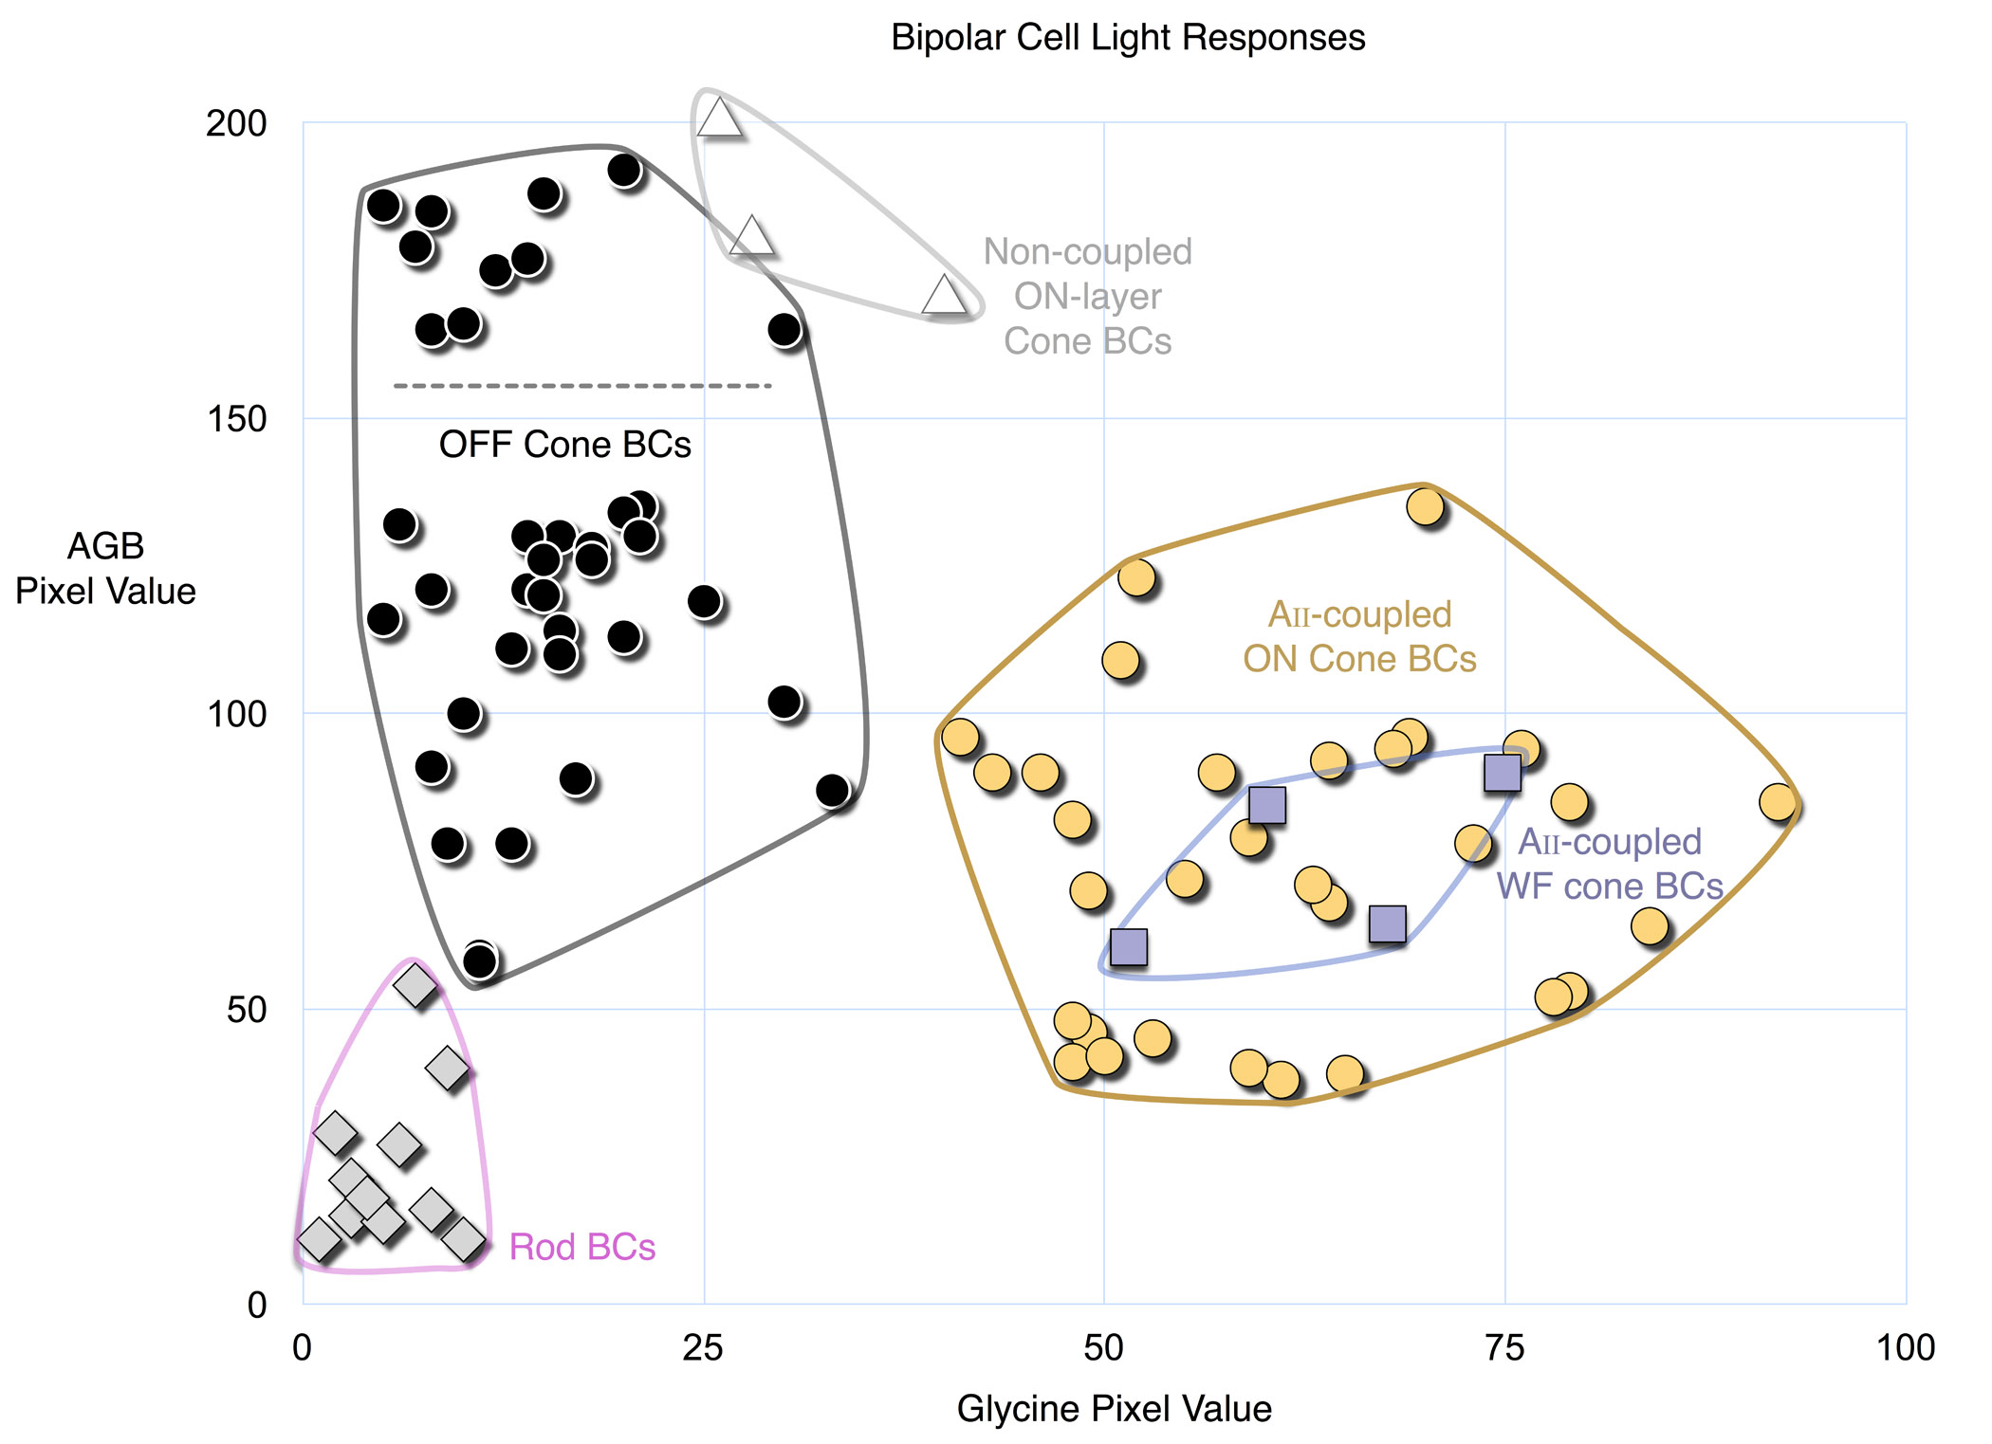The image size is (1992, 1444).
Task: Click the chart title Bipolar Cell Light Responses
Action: coord(1127,38)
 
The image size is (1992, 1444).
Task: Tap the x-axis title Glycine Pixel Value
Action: coord(1114,1408)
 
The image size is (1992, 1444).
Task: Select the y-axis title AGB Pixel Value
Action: coord(105,568)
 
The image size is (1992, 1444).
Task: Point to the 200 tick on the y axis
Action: coord(236,123)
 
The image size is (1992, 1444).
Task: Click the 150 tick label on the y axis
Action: coord(236,418)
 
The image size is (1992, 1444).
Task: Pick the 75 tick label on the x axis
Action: coord(1503,1347)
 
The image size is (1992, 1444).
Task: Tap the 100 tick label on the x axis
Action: coord(1905,1347)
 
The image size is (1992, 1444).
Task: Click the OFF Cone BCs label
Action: coord(564,444)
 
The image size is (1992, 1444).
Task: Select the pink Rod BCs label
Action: coord(581,1247)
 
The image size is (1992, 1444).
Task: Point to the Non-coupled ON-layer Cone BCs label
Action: coord(1087,296)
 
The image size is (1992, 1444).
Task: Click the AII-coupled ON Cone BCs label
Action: coord(1359,636)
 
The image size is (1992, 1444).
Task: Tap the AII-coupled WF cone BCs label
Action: coord(1610,864)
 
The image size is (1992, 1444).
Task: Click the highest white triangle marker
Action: coord(719,119)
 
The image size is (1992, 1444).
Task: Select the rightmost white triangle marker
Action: coord(944,295)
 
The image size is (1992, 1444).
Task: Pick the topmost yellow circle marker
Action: coord(1425,506)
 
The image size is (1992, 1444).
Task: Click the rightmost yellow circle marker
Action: coord(1777,802)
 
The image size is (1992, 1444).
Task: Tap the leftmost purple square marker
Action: coord(1128,946)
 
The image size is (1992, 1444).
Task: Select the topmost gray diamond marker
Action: coord(415,985)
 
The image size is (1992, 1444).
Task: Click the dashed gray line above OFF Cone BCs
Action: coord(582,386)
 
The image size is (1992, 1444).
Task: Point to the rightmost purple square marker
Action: coord(1502,773)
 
